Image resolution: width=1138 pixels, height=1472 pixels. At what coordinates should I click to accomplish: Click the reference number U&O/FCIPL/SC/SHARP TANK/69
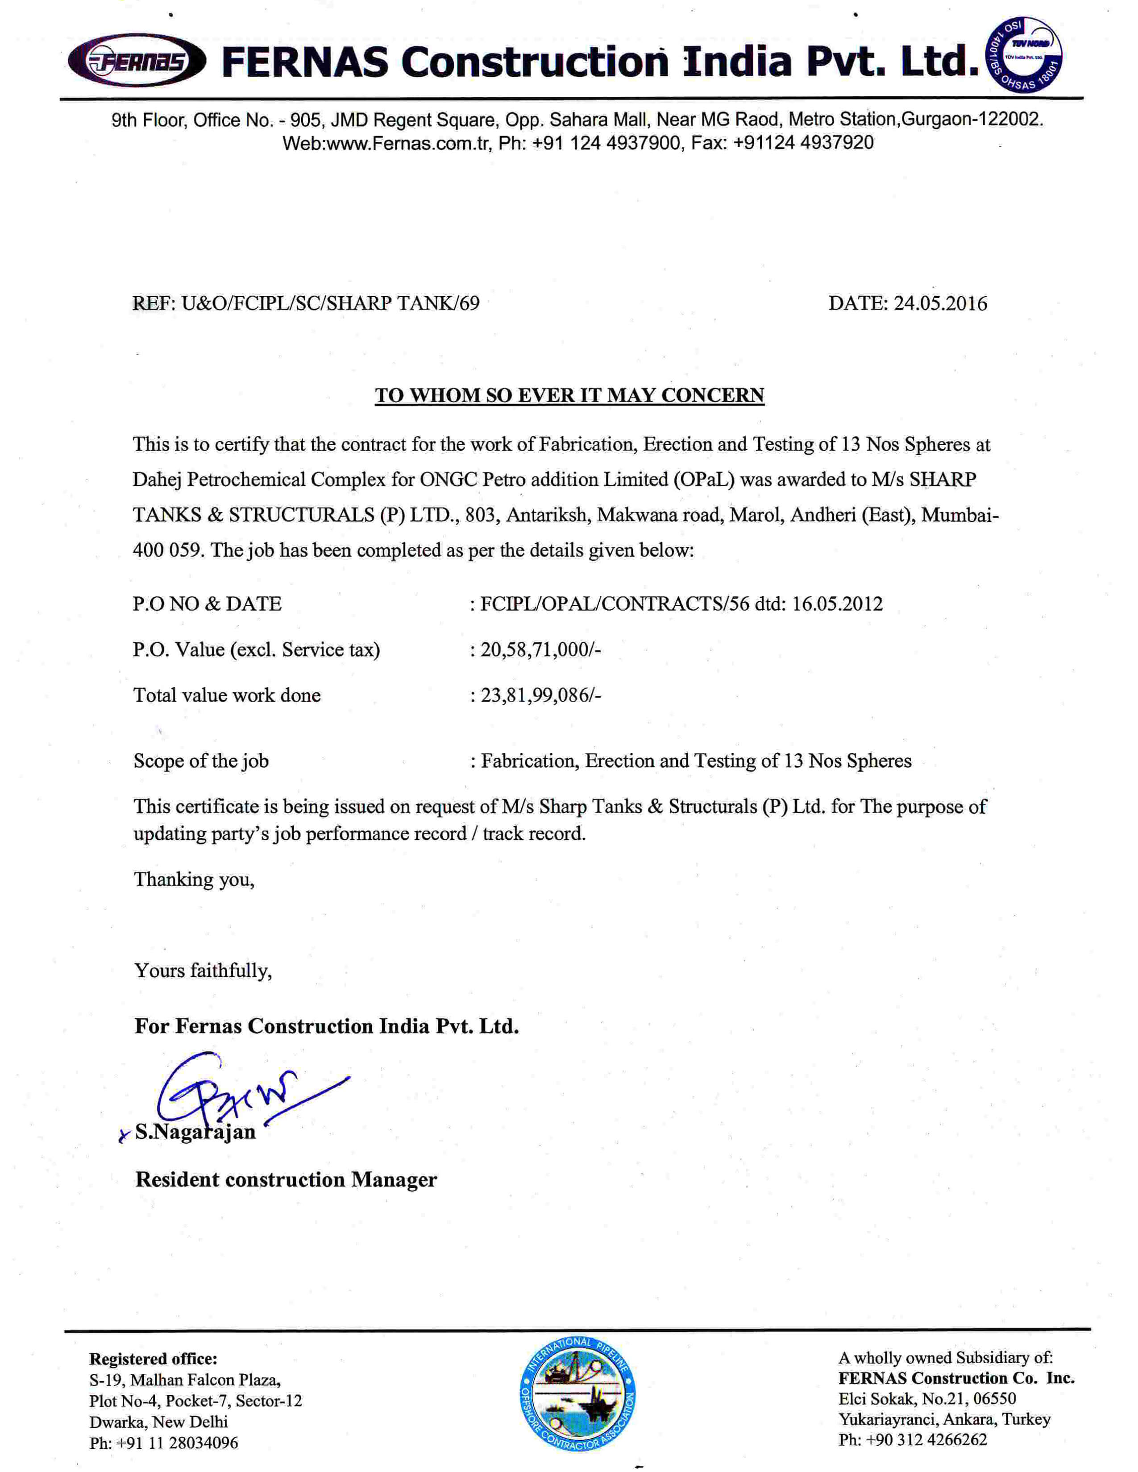(x=330, y=303)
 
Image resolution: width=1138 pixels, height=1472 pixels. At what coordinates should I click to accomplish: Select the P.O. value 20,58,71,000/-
(x=541, y=650)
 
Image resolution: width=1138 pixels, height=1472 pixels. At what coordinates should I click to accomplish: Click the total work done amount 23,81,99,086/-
(x=541, y=695)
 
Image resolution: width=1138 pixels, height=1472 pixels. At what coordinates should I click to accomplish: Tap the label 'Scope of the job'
(x=201, y=761)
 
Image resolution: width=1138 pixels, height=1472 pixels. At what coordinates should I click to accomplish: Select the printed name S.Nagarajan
(x=195, y=1132)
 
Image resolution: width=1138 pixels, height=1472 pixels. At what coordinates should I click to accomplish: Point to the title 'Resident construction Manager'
(x=286, y=1179)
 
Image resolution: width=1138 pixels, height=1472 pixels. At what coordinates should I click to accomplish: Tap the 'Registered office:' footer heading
(x=153, y=1359)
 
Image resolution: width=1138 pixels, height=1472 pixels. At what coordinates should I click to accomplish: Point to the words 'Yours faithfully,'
(x=203, y=971)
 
